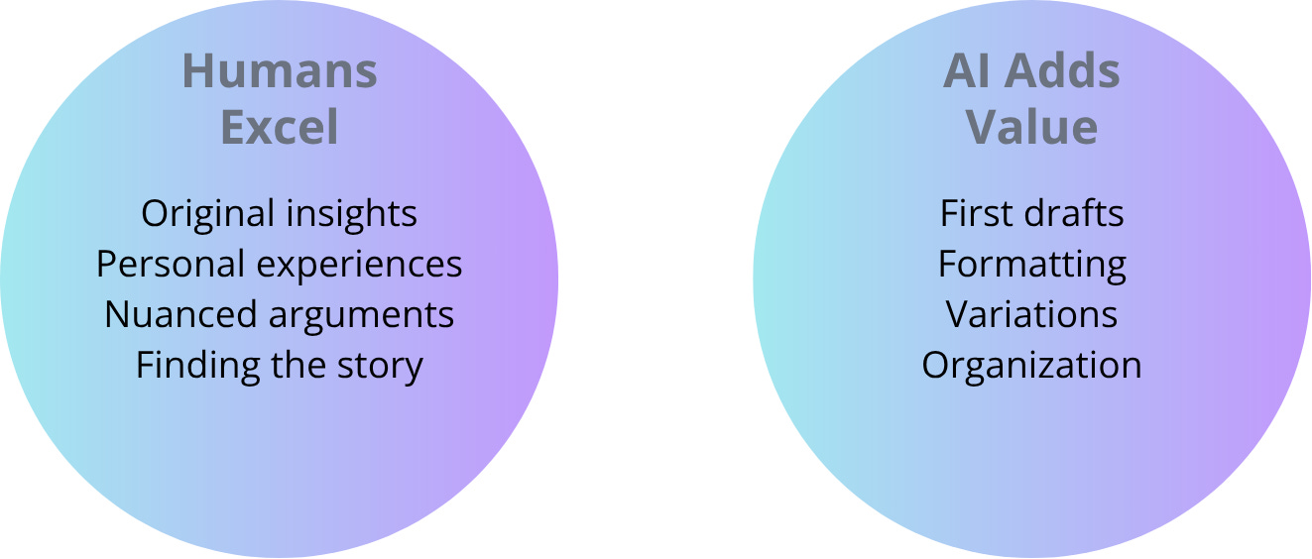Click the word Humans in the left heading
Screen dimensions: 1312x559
pyautogui.click(x=280, y=72)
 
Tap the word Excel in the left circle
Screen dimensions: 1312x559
pyautogui.click(x=280, y=128)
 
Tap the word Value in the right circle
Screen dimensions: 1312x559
pyautogui.click(x=1031, y=128)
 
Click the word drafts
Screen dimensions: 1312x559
pyautogui.click(x=1076, y=213)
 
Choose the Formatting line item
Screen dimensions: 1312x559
pyautogui.click(x=1031, y=265)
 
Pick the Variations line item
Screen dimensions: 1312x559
pyautogui.click(x=1031, y=314)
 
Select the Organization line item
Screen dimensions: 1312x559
pyautogui.click(x=1031, y=366)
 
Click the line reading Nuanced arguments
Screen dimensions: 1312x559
pyautogui.click(x=280, y=314)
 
